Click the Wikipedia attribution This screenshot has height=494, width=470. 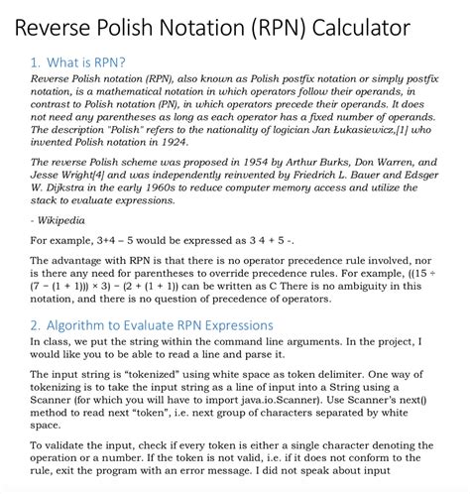(61, 219)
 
